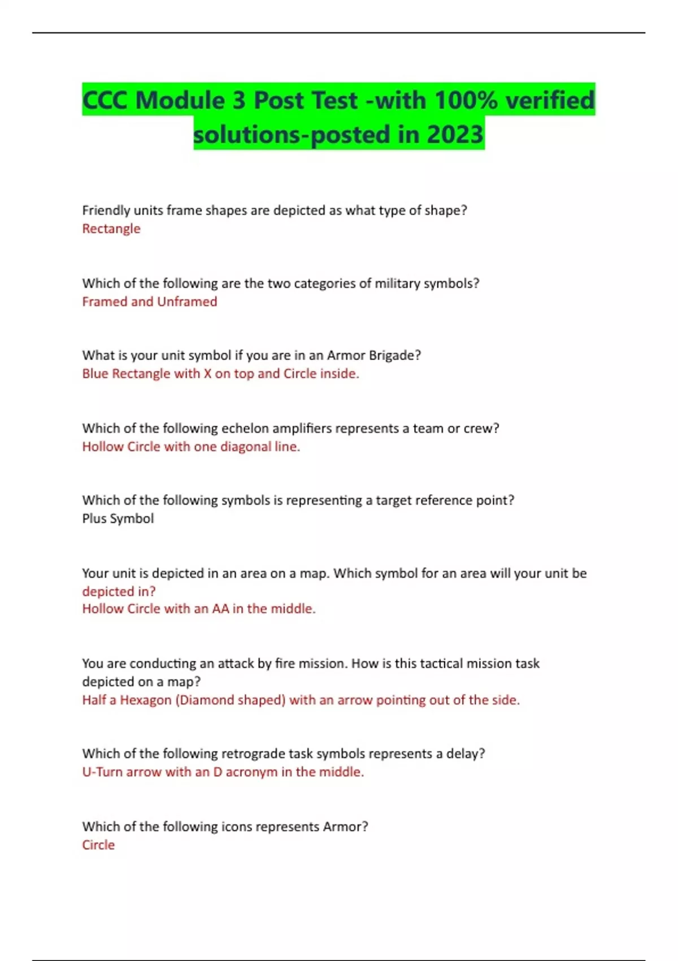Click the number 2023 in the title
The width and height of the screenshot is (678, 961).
pyautogui.click(x=455, y=135)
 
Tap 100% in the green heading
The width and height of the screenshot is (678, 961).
pyautogui.click(x=466, y=101)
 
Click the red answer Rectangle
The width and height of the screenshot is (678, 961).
pyautogui.click(x=111, y=229)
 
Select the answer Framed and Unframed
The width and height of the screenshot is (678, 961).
pyautogui.click(x=150, y=302)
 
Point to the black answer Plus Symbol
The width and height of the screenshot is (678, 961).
pyautogui.click(x=118, y=519)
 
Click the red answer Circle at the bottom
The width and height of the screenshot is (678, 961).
pyautogui.click(x=98, y=845)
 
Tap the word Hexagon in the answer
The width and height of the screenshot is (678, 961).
pyautogui.click(x=145, y=700)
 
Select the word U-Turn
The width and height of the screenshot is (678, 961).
pyautogui.click(x=102, y=772)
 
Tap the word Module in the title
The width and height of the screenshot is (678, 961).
pyautogui.click(x=180, y=101)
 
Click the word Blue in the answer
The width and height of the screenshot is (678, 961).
pyautogui.click(x=95, y=374)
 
